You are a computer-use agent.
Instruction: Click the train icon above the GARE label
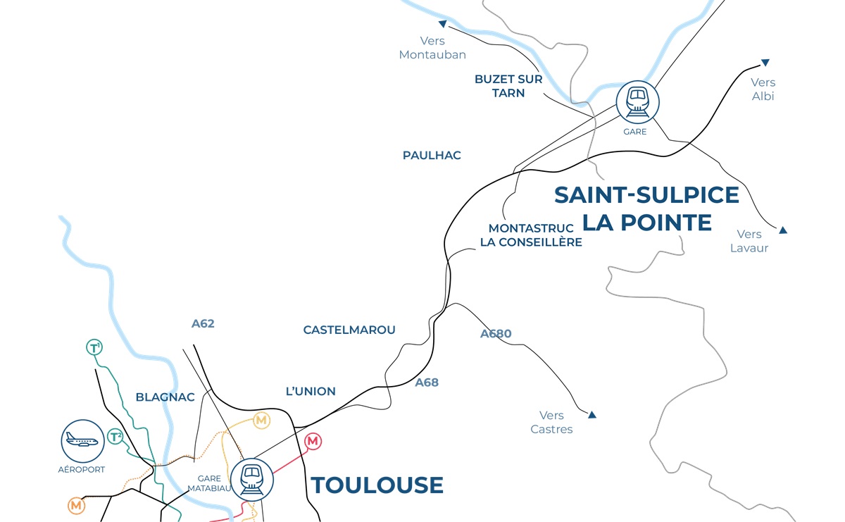637,102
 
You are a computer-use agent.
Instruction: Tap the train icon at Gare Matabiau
251,480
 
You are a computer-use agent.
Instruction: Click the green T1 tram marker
94,347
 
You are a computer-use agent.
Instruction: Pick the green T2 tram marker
115,437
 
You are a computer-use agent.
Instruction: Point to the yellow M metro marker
262,421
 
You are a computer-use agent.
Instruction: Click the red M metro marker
313,442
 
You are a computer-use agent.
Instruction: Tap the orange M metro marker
76,505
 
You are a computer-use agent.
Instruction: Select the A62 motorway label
203,324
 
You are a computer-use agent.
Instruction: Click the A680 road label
496,334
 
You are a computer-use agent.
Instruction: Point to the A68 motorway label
427,383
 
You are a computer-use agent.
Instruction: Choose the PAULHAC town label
432,155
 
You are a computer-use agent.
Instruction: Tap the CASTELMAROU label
349,330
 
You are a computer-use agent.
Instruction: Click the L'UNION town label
311,391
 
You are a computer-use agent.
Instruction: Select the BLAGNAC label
165,397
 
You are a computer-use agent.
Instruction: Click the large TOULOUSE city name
377,485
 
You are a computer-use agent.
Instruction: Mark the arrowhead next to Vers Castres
592,415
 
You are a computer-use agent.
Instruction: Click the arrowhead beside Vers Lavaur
782,230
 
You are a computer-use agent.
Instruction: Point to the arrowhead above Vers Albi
765,63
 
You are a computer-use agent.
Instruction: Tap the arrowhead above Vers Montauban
442,23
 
